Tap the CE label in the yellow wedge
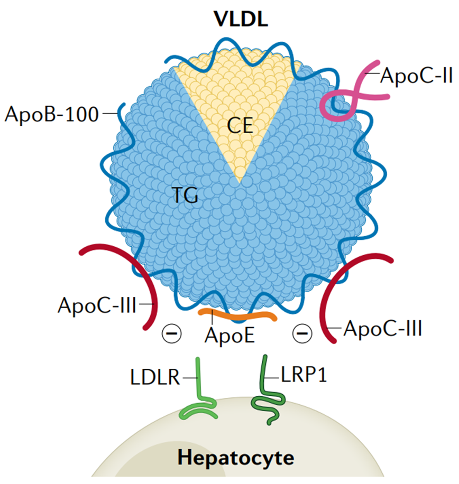click(241, 126)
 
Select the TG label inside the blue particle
click(185, 197)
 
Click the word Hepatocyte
click(235, 458)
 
